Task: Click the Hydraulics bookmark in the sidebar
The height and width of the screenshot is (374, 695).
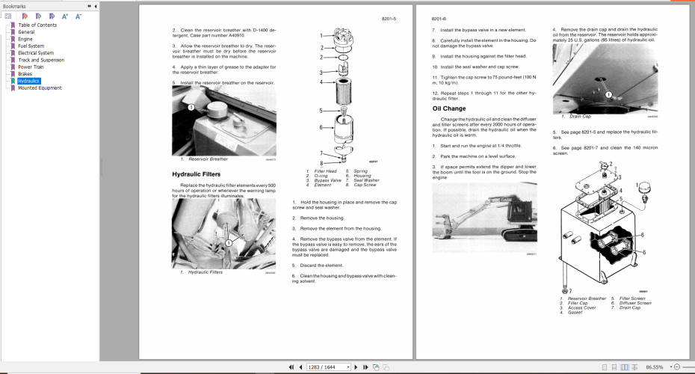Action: [x=29, y=81]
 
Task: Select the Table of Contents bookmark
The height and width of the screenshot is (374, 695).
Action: [x=37, y=25]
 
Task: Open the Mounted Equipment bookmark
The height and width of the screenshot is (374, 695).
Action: [x=40, y=88]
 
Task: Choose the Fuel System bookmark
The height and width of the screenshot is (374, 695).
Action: [x=31, y=46]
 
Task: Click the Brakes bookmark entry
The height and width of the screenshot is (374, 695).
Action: [x=25, y=74]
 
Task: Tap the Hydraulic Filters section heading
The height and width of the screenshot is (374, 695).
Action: [x=196, y=174]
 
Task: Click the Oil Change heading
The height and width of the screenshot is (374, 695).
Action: [x=448, y=108]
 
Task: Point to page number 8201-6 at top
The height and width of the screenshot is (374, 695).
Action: [x=439, y=18]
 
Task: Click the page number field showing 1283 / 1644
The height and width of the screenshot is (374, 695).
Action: [x=327, y=367]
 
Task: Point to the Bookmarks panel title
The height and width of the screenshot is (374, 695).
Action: [x=15, y=5]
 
